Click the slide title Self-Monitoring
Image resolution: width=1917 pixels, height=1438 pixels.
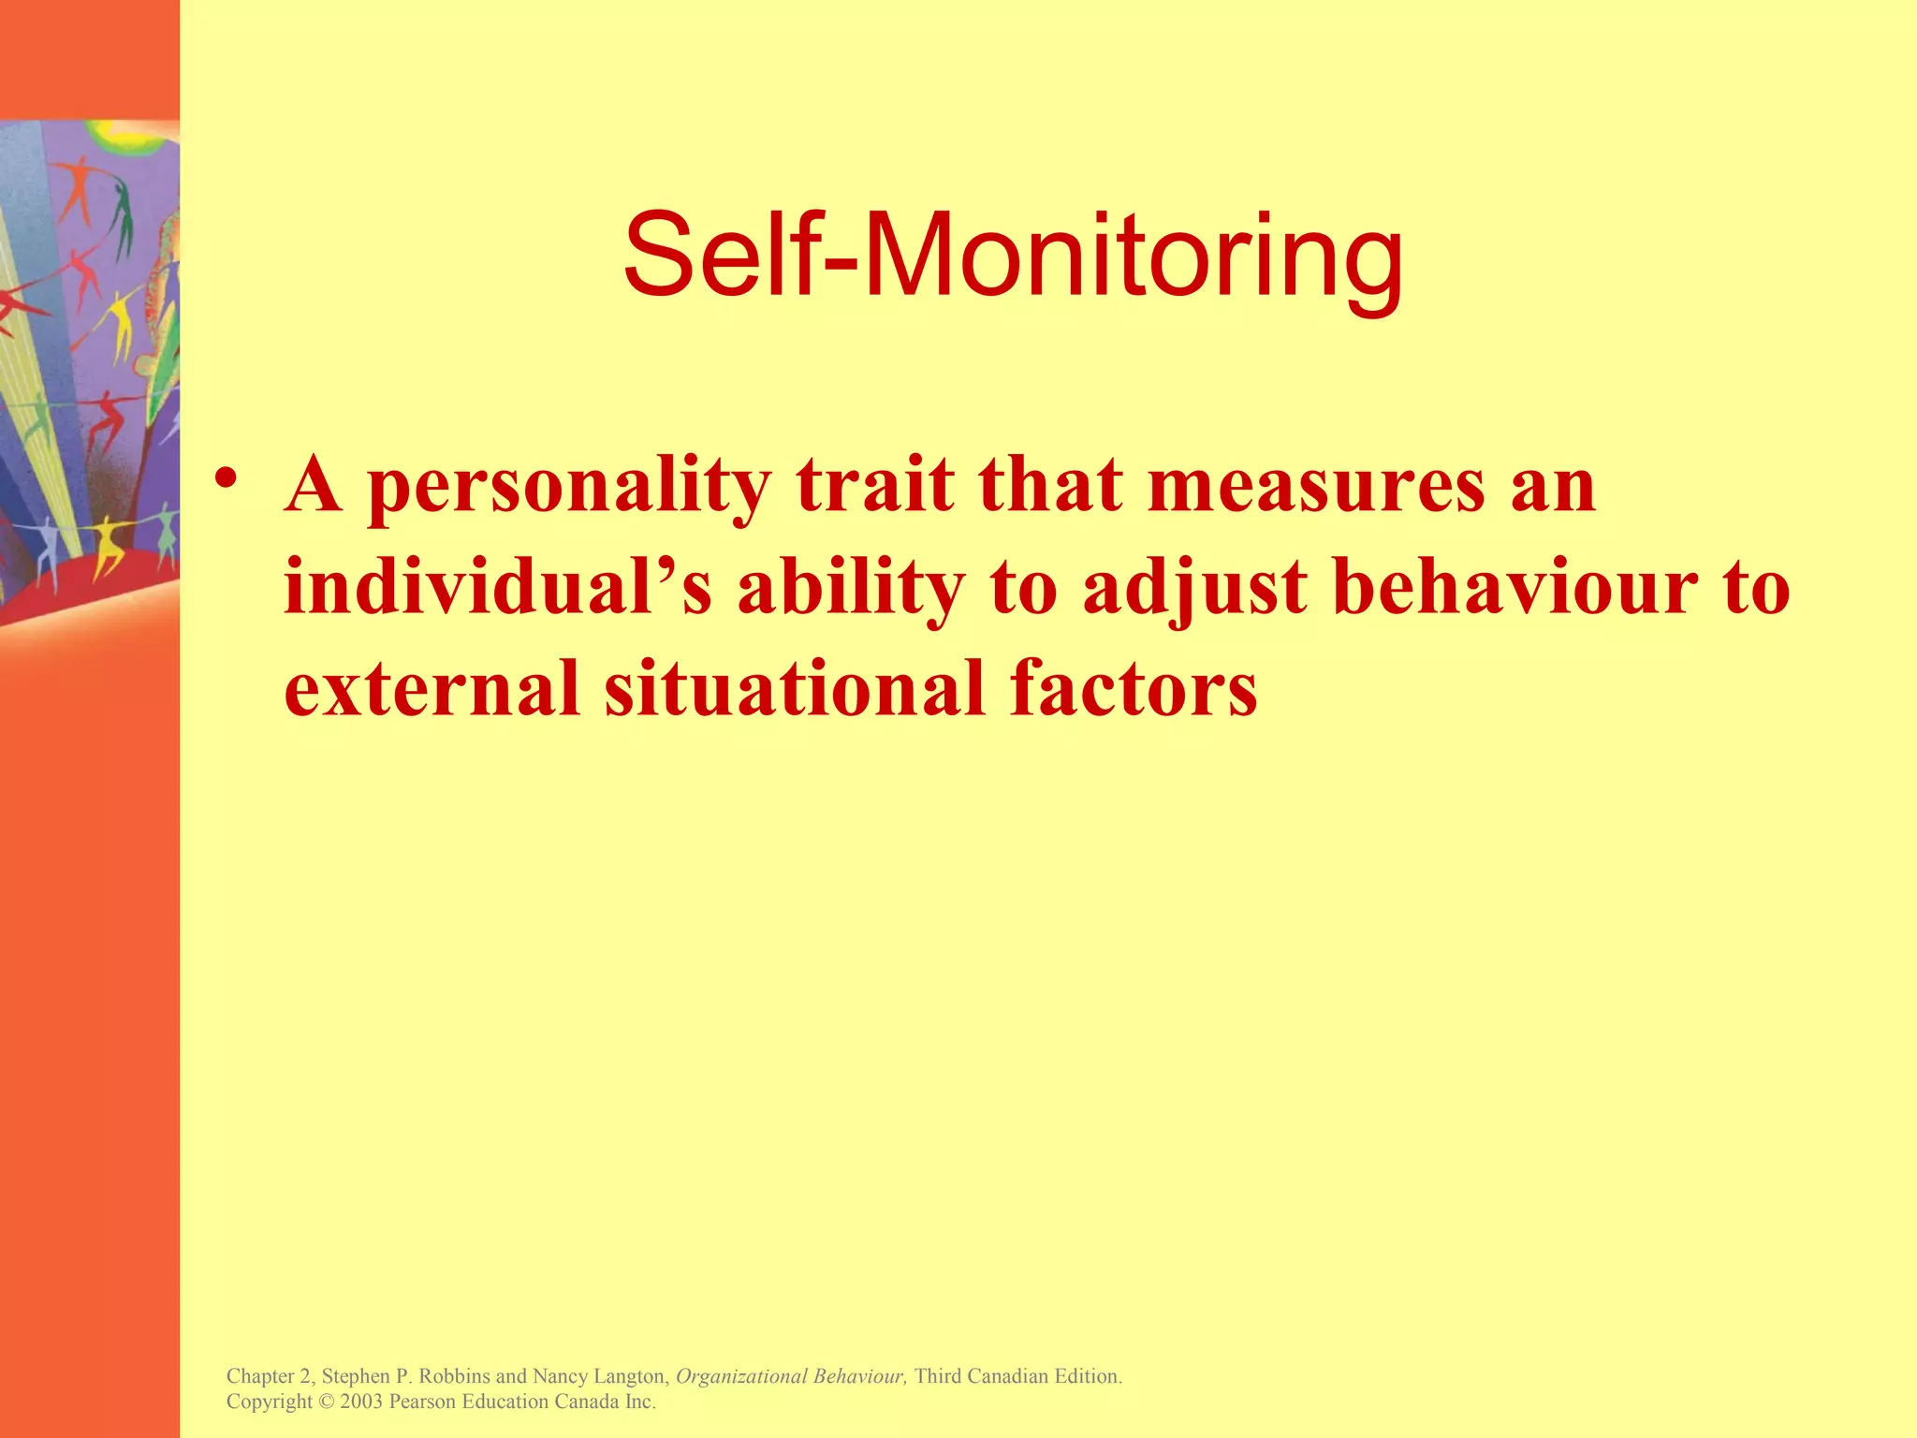point(1013,256)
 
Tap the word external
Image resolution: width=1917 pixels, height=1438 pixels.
point(432,688)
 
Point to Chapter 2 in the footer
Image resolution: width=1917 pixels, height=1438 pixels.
point(270,1376)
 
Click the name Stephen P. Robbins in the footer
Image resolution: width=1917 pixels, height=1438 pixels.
point(405,1376)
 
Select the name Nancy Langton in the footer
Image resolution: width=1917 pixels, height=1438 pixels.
point(599,1376)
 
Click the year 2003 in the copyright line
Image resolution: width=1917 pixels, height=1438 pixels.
point(361,1401)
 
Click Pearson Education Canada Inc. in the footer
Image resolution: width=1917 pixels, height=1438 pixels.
point(522,1401)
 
